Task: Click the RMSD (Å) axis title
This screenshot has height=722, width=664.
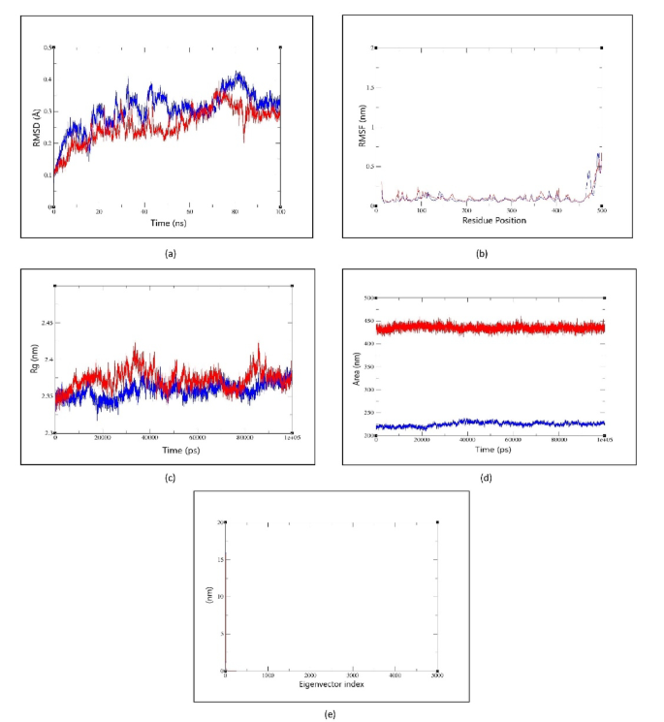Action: tap(37, 127)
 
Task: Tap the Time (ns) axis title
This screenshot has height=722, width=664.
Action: tap(167, 222)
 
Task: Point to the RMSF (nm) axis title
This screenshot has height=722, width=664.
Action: tap(361, 127)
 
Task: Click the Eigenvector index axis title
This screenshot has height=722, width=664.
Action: tap(331, 686)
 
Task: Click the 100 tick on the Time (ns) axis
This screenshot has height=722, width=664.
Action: tap(279, 212)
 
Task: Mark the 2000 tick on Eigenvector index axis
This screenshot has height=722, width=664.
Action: tap(310, 675)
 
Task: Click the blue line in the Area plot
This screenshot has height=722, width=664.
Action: tap(485, 424)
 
